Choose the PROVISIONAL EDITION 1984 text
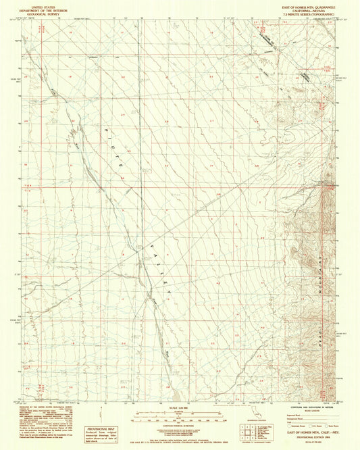[315, 443]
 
